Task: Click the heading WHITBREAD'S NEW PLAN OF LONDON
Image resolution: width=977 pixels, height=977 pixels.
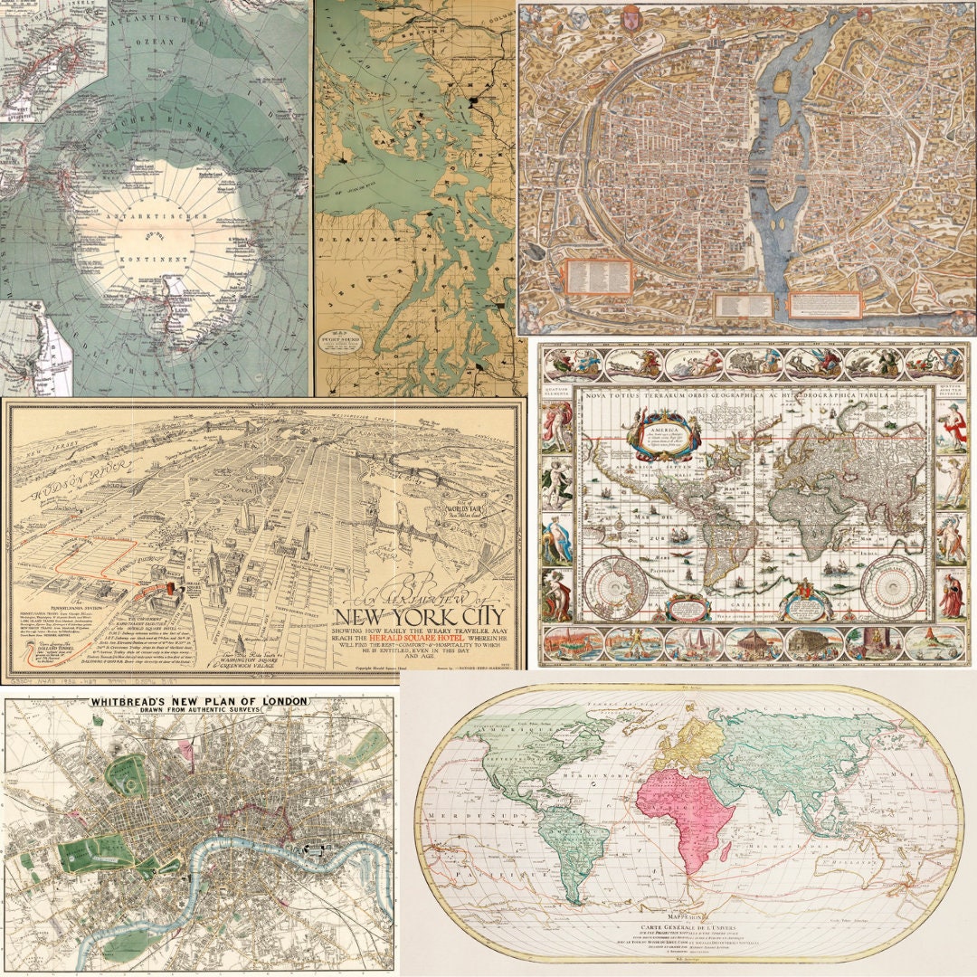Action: [x=197, y=701]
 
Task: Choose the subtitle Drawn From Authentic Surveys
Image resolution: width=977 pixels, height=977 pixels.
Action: [x=197, y=712]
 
